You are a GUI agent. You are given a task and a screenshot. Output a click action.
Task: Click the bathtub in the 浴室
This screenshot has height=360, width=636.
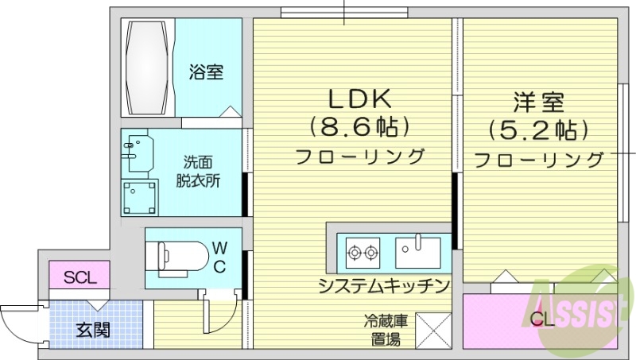point(148,69)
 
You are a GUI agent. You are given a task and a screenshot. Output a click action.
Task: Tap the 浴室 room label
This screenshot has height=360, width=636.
point(206,72)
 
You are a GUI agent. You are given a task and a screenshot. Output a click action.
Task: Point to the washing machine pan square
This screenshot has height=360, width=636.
point(139,196)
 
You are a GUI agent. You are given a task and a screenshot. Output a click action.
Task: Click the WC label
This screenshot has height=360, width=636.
point(220,256)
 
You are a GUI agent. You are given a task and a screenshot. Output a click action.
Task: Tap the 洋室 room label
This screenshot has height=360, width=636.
point(537,103)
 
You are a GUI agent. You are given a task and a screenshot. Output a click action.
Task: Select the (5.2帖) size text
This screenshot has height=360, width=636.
point(538,128)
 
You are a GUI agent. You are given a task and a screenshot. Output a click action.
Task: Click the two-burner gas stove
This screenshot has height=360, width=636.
point(361,254)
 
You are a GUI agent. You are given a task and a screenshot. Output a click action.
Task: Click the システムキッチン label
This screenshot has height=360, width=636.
point(384,285)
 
